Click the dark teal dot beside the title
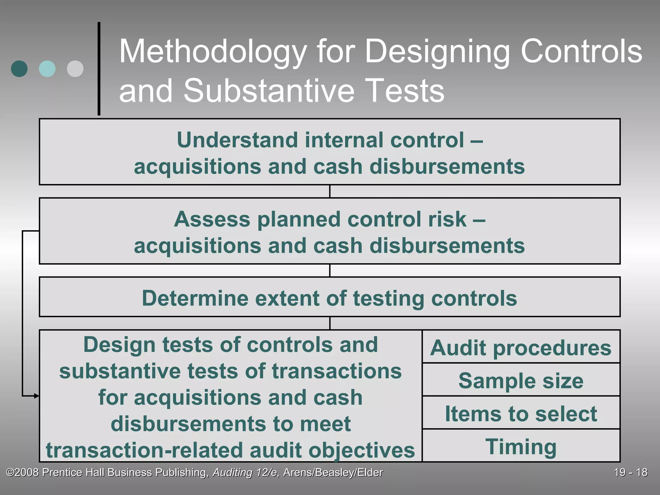click(x=19, y=69)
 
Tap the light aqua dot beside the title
click(x=47, y=69)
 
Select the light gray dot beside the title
click(x=75, y=69)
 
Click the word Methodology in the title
click(x=213, y=52)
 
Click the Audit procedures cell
click(x=521, y=348)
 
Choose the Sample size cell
click(x=521, y=381)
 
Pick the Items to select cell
click(x=521, y=413)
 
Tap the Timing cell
click(x=521, y=447)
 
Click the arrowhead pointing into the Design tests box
click(x=37, y=396)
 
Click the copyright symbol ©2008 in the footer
click(x=23, y=472)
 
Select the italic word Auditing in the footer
click(x=232, y=472)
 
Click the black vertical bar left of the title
click(x=99, y=69)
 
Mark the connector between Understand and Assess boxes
click(x=330, y=191)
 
